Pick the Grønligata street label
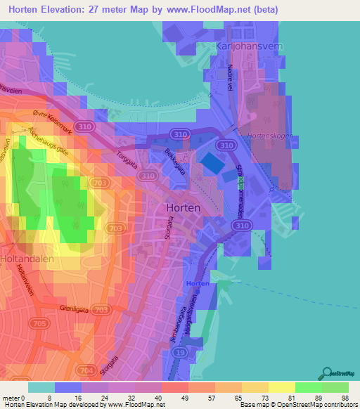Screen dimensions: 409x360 [x=76, y=306]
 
